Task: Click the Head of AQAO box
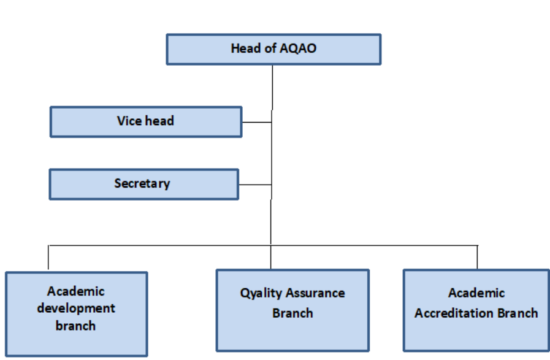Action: (273, 49)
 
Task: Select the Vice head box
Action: (146, 122)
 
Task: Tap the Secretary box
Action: (144, 184)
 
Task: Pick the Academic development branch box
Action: (77, 314)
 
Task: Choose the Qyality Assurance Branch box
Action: (292, 310)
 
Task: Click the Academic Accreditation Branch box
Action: (476, 310)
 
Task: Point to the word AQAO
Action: (298, 48)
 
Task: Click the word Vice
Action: (129, 121)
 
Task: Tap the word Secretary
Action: (142, 183)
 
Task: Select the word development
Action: (76, 308)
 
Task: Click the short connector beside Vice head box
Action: (257, 122)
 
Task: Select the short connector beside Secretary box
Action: (255, 184)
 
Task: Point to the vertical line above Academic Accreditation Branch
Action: (478, 257)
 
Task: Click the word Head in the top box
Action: (246, 48)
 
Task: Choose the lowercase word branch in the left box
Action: (75, 326)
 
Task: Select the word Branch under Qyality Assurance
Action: (292, 313)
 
